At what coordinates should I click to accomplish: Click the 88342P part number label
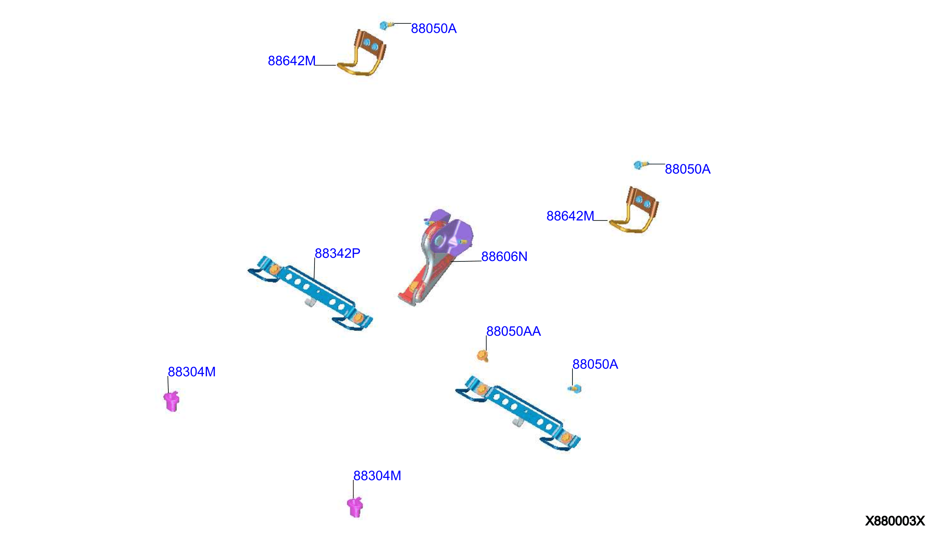(337, 253)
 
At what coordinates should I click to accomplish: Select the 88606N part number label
(504, 256)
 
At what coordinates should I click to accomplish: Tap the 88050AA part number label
(513, 331)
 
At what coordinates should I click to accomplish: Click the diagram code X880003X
(895, 521)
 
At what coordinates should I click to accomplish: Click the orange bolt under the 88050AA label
(482, 355)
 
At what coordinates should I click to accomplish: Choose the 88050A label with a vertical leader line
(595, 364)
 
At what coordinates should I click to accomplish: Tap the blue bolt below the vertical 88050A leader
(575, 389)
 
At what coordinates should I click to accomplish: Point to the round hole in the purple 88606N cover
(439, 241)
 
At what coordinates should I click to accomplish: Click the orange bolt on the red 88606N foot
(413, 286)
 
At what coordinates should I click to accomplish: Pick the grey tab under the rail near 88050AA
(518, 423)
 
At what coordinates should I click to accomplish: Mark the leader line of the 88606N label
(466, 261)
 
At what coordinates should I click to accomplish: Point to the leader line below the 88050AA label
(486, 343)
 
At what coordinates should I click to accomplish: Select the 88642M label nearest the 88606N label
(570, 216)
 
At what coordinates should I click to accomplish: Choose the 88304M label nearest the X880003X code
(377, 476)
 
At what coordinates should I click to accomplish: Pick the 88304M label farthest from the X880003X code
(192, 371)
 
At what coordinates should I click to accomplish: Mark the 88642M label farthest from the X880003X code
(292, 61)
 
